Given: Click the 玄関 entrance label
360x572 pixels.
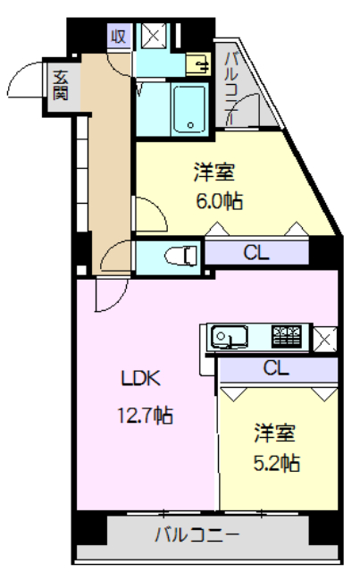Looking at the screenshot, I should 60,84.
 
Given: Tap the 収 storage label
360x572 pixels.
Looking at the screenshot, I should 117,37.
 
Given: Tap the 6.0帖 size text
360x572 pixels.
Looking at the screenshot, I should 219,200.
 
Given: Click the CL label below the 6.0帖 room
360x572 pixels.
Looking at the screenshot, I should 256,253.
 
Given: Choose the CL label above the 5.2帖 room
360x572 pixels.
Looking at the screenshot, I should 276,366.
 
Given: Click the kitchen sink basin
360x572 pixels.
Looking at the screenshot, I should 229,338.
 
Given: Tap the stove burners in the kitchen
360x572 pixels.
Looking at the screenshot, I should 288,336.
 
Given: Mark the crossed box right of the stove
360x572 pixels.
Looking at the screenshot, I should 324,337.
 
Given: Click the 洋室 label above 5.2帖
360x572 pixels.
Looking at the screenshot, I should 274,433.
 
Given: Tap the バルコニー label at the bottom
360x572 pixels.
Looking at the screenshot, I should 197,535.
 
